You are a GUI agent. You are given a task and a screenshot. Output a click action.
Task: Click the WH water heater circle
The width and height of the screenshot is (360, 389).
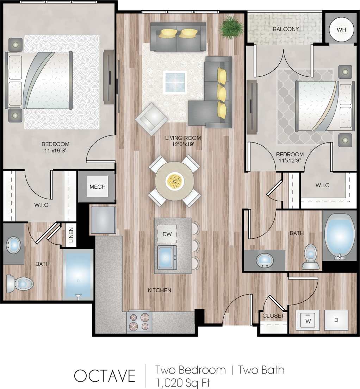[341, 30]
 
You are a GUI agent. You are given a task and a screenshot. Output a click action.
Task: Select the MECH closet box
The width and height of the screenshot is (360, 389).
[97, 187]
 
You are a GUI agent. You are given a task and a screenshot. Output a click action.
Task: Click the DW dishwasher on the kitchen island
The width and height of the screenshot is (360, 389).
[167, 234]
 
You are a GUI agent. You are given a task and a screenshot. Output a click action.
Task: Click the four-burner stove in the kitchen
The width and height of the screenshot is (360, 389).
[139, 321]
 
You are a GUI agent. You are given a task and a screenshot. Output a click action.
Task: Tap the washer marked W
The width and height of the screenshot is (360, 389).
[308, 320]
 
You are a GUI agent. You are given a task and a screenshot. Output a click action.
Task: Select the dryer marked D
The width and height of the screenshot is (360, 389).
[336, 320]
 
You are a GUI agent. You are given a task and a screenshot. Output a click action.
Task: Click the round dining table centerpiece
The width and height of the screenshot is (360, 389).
[175, 181]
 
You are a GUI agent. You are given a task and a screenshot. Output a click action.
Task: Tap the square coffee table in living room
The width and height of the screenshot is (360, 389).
[175, 82]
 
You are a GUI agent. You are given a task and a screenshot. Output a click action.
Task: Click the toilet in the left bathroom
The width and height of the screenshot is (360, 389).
[20, 283]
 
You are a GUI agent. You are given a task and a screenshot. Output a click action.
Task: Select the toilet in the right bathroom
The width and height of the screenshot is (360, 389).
[311, 256]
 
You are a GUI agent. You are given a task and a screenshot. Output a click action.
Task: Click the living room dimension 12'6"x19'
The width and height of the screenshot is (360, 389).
[183, 144]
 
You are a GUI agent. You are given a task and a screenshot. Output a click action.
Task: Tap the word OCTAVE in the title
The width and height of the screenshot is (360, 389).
[105, 376]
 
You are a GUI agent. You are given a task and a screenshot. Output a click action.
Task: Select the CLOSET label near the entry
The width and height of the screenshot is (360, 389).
[273, 316]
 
